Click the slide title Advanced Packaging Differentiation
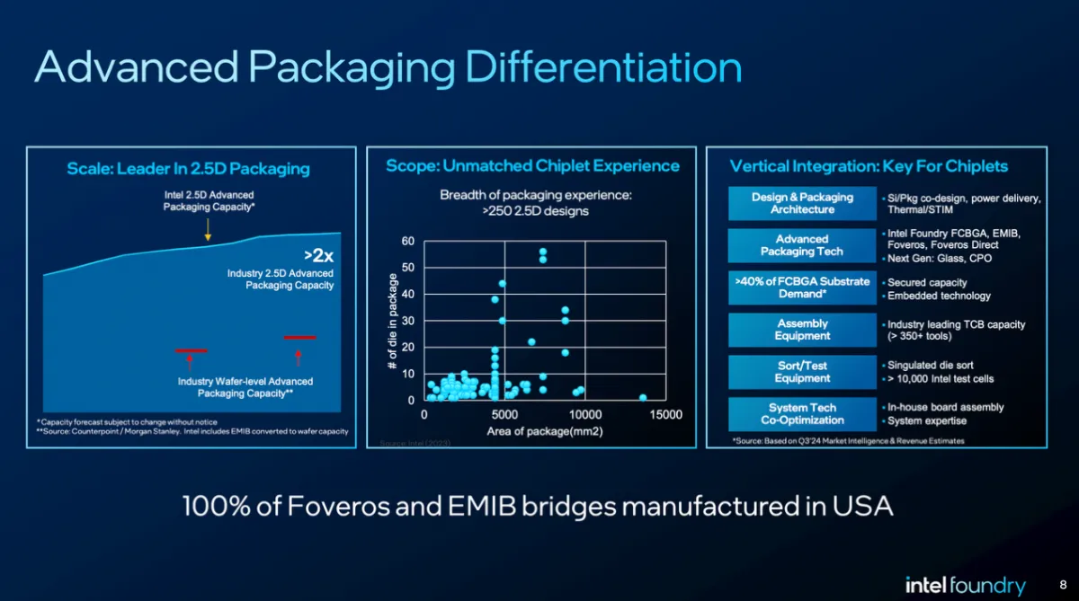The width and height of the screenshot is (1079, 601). (x=388, y=68)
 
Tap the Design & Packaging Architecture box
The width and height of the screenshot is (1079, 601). (x=802, y=203)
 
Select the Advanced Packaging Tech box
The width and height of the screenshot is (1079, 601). (x=802, y=245)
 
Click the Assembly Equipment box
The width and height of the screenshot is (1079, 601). (x=802, y=330)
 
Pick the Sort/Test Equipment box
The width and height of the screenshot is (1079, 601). (x=802, y=372)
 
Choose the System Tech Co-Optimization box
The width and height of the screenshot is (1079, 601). (x=802, y=413)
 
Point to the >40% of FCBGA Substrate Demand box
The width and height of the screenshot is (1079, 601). (x=802, y=287)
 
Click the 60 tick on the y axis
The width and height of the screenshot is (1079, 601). (x=408, y=242)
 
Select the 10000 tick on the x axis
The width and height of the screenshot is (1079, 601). (x=584, y=415)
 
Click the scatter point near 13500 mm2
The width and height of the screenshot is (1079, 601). (x=642, y=397)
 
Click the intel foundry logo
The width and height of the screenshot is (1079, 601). (x=965, y=586)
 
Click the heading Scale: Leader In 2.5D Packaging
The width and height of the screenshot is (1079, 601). (x=188, y=169)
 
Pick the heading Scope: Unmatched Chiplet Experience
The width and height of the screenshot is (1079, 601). (x=532, y=166)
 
